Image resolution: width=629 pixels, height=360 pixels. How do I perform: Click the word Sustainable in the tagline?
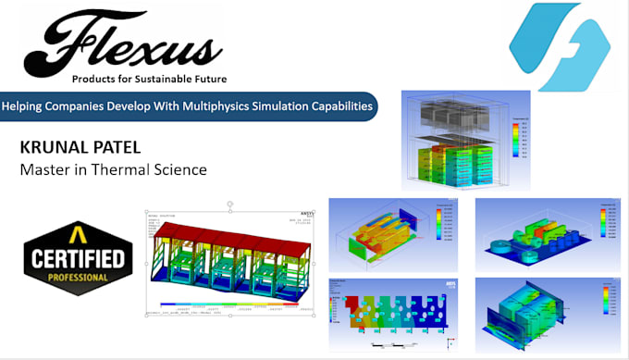point(163,78)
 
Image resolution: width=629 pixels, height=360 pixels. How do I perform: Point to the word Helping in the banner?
point(27,106)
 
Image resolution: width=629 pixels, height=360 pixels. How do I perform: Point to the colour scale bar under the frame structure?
point(234,305)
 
